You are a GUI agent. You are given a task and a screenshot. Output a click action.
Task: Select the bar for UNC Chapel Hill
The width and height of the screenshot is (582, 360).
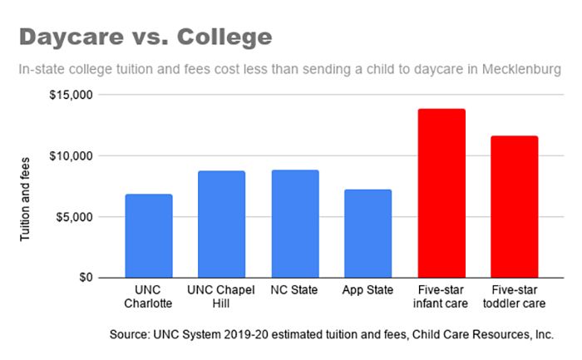[x=221, y=224]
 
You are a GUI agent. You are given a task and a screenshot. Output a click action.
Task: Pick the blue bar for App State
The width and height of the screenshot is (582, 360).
[x=367, y=233]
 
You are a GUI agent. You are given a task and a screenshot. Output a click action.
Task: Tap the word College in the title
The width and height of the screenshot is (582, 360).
[x=222, y=38]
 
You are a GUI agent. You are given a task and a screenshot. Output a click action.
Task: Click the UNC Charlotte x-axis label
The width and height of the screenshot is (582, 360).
[x=148, y=297]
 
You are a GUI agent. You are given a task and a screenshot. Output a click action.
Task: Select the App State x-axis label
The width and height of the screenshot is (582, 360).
[x=367, y=291]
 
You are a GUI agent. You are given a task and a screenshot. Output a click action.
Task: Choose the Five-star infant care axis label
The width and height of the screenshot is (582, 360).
[x=441, y=297]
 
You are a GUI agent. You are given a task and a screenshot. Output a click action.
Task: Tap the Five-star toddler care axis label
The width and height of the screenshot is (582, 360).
[x=514, y=297]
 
